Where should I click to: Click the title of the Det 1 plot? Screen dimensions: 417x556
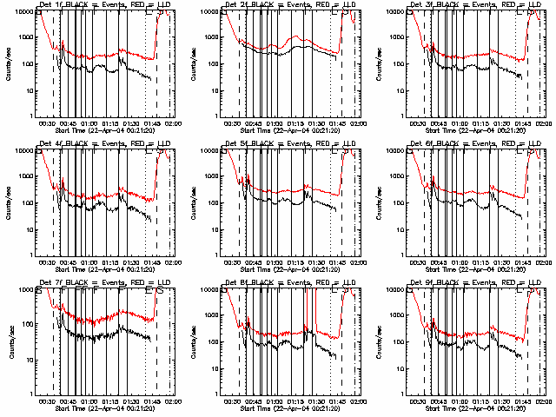coord(105,5)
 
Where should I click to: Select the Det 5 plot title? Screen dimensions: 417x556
coord(291,144)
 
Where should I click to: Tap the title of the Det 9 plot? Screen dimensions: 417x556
coord(477,283)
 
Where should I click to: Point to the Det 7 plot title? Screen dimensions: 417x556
coord(105,283)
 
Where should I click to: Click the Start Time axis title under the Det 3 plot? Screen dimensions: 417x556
coord(477,130)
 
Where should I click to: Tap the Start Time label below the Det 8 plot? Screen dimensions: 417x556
coord(291,408)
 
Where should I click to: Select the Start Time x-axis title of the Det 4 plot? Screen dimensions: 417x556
coord(105,269)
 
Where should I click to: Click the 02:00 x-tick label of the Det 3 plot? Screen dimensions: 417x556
coord(545,124)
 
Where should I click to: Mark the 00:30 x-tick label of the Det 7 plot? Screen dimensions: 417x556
coord(48,402)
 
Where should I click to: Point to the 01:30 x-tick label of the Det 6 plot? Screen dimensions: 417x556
coord(503,263)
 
